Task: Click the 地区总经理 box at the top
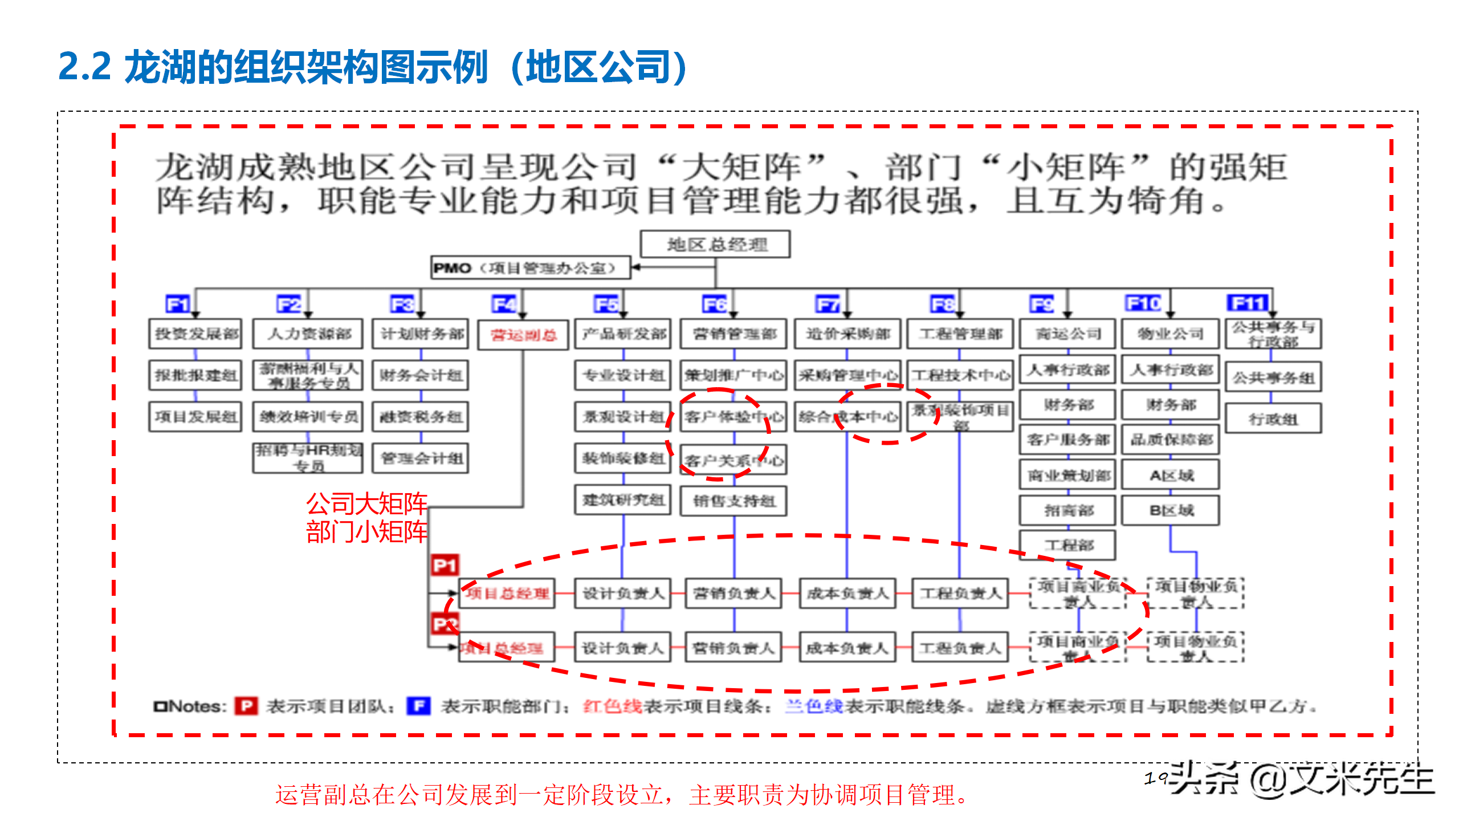click(715, 245)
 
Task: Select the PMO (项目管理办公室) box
click(530, 268)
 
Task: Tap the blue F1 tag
click(177, 304)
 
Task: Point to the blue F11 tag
click(1247, 303)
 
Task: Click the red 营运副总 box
click(523, 335)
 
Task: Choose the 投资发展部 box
click(195, 334)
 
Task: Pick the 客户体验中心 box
click(733, 417)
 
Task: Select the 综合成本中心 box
click(847, 417)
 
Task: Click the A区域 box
click(1171, 475)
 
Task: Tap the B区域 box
click(1171, 510)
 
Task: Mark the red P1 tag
click(445, 566)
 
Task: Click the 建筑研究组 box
click(623, 500)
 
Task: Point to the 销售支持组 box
click(733, 501)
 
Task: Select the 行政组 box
click(1273, 419)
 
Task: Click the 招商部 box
click(1067, 510)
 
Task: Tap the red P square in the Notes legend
click(246, 706)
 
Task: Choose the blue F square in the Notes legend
click(418, 706)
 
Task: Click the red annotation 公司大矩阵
click(366, 504)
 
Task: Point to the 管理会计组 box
click(421, 458)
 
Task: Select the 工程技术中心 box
click(960, 375)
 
